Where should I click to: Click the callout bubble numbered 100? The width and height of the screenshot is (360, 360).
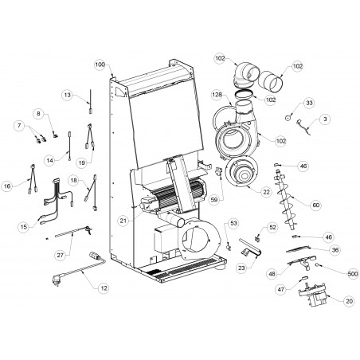(100, 65)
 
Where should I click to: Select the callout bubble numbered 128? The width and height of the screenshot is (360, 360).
(217, 95)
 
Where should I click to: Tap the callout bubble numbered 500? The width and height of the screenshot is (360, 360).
(353, 274)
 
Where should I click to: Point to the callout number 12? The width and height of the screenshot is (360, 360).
(104, 288)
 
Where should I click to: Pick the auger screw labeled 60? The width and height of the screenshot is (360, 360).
(285, 199)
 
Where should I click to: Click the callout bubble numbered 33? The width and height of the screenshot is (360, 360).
(309, 103)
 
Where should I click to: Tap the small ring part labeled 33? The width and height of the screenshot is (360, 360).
(288, 118)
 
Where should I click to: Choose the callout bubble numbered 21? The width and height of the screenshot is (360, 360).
(123, 221)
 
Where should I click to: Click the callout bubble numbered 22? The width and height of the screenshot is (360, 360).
(266, 192)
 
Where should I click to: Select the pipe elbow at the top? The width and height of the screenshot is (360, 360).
(246, 74)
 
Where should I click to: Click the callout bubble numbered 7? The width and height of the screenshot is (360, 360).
(19, 126)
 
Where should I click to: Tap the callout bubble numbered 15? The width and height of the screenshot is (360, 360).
(24, 227)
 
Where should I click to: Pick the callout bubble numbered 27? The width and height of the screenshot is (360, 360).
(61, 255)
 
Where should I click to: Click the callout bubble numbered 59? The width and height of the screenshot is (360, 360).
(213, 200)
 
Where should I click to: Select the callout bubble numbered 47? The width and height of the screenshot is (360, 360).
(281, 289)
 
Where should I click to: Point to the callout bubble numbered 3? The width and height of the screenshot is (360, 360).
(325, 119)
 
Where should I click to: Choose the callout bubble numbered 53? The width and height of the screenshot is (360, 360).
(233, 223)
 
